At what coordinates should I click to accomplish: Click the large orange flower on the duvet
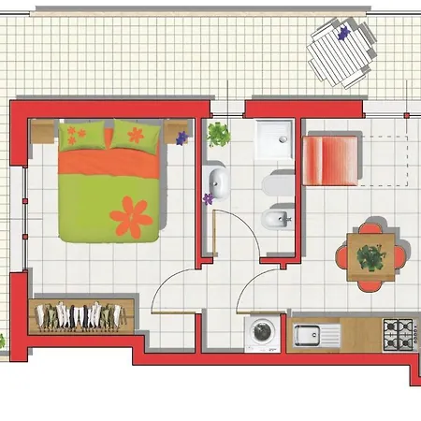click(x=131, y=217)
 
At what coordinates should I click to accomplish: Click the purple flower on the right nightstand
click(x=181, y=137)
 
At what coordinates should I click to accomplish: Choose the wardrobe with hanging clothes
click(x=80, y=315)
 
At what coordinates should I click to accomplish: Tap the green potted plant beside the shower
click(x=219, y=133)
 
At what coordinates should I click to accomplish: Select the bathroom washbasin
click(x=219, y=183)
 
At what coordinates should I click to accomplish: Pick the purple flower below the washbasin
click(x=208, y=198)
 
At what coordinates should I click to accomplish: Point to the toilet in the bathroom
click(x=279, y=184)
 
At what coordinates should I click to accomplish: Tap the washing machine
click(x=261, y=333)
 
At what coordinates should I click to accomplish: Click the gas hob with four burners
click(x=400, y=332)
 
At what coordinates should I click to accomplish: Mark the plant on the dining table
click(x=371, y=254)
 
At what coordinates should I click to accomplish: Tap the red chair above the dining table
click(x=371, y=227)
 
